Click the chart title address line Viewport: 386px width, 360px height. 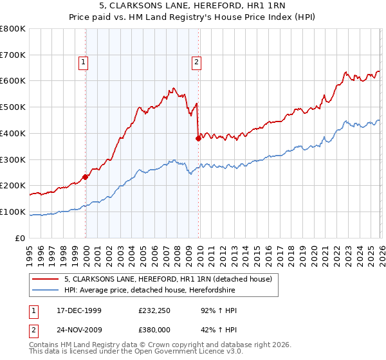(x=193, y=6)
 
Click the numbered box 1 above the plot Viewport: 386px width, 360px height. (x=84, y=62)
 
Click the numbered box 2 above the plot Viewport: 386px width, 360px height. (x=196, y=62)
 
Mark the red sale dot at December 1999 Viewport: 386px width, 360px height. (x=86, y=177)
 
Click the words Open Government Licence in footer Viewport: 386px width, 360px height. (x=170, y=353)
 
